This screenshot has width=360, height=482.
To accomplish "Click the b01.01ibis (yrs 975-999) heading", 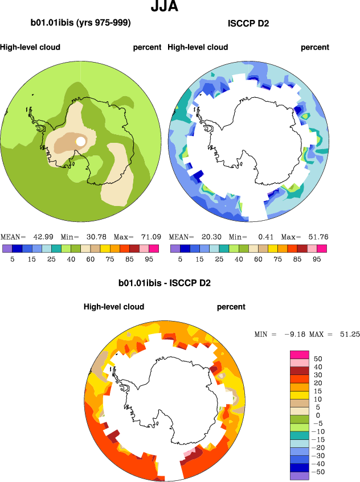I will pos(81,23).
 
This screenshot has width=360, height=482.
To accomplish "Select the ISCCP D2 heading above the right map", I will pos(248,23).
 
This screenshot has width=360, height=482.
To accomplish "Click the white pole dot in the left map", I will pos(81,141).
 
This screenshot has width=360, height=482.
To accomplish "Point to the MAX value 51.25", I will pos(347,334).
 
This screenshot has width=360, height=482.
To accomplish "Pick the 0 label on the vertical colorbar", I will pos(317,415).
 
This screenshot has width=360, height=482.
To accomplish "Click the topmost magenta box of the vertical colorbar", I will pos(300,355).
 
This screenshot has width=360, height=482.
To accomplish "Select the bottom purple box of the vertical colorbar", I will pos(300,476).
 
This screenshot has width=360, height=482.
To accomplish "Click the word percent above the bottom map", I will pos(231,307).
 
